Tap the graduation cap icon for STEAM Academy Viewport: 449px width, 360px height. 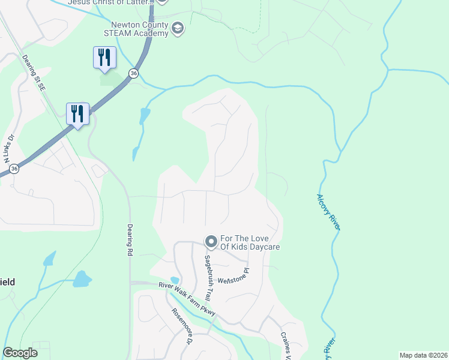click(x=178, y=28)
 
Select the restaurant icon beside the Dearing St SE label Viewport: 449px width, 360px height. click(x=77, y=113)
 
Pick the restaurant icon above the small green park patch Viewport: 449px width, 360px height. click(x=104, y=58)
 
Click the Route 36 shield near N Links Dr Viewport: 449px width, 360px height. click(x=14, y=169)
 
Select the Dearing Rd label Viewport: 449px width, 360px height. click(x=130, y=241)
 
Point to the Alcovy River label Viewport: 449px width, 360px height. click(x=328, y=211)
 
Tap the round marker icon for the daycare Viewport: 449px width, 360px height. click(x=211, y=242)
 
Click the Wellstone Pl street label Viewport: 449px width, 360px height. click(x=233, y=276)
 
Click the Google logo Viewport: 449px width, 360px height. click(x=20, y=353)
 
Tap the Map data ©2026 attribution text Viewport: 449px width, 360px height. click(x=424, y=355)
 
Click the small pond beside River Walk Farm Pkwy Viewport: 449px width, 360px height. click(x=175, y=280)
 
